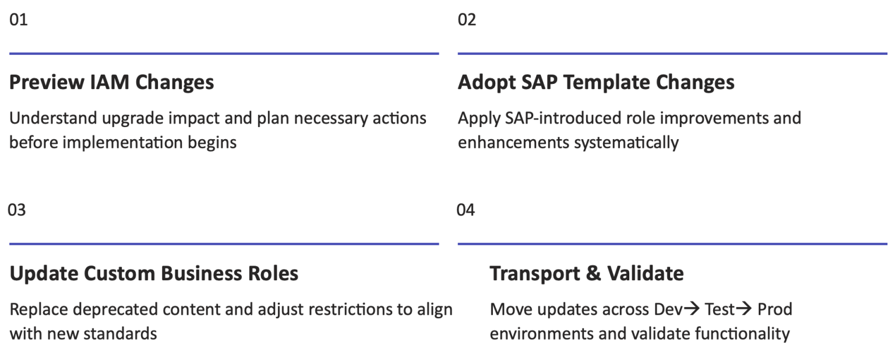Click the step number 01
pyautogui.click(x=19, y=20)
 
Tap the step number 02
pyautogui.click(x=467, y=20)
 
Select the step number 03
pyautogui.click(x=17, y=210)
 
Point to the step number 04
pyautogui.click(x=466, y=210)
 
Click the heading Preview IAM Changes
pyautogui.click(x=111, y=82)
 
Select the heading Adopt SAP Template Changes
pyautogui.click(x=596, y=82)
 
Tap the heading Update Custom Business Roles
pyautogui.click(x=154, y=273)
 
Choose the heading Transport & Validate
pyautogui.click(x=587, y=273)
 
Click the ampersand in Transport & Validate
pyautogui.click(x=593, y=274)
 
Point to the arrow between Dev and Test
pyautogui.click(x=692, y=309)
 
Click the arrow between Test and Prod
pyautogui.click(x=744, y=309)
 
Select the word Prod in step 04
pyautogui.click(x=775, y=309)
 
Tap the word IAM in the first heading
pyautogui.click(x=110, y=82)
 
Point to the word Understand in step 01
pyautogui.click(x=53, y=118)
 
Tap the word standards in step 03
pyautogui.click(x=120, y=334)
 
